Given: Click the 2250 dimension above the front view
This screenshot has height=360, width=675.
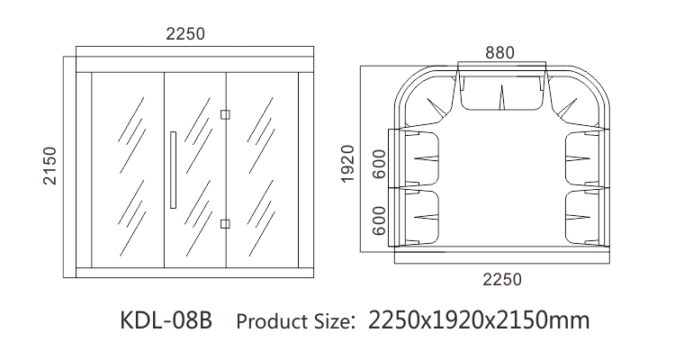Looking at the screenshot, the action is tap(185, 34).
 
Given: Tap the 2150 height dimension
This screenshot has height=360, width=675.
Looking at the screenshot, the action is tap(49, 166).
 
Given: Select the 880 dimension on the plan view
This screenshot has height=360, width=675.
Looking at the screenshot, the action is tap(499, 53).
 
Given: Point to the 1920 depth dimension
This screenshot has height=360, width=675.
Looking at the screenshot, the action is tap(347, 164).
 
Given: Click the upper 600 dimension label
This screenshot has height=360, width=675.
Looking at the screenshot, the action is tap(380, 164).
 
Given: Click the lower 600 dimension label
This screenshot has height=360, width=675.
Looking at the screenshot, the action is tap(379, 220).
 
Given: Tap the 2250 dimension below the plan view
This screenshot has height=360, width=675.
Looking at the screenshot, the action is tap(502, 280).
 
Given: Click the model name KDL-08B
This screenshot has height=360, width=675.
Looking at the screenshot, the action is tap(166, 320).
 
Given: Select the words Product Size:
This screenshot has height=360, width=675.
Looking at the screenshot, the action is tap(296, 321).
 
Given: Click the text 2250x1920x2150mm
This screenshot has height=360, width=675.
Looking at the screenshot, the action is tap(479, 320).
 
